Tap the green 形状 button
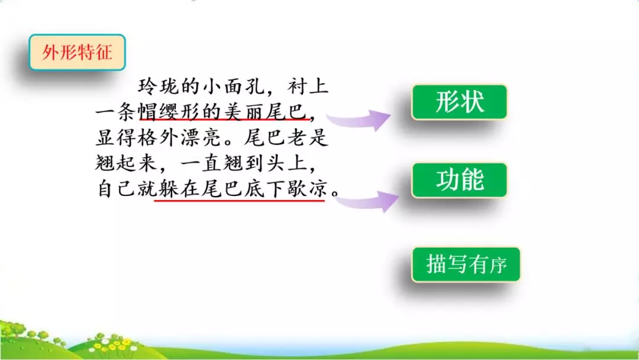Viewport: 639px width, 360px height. [460, 102]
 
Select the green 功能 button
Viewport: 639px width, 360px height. [460, 180]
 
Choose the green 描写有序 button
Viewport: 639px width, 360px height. [466, 264]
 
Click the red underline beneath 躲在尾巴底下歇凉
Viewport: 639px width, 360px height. [239, 201]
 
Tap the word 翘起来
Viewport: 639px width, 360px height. [127, 165]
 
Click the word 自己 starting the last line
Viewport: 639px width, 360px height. [117, 191]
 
